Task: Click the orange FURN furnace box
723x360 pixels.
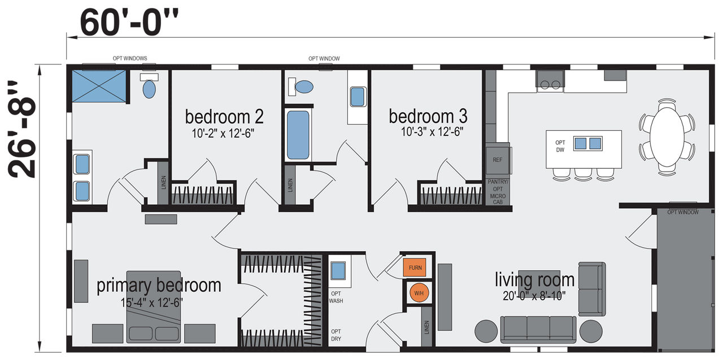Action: pyautogui.click(x=415, y=267)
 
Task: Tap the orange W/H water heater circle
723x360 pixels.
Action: pyautogui.click(x=419, y=293)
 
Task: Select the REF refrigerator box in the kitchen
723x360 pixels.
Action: pyautogui.click(x=498, y=160)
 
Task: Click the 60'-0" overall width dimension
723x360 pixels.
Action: pyautogui.click(x=129, y=23)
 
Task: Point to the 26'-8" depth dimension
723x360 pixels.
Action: pyautogui.click(x=21, y=129)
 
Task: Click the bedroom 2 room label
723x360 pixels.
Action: pyautogui.click(x=224, y=116)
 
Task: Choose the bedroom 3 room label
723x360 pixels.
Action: pyautogui.click(x=428, y=116)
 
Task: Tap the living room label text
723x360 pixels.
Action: pyautogui.click(x=535, y=280)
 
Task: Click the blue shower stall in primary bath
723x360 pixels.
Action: pyautogui.click(x=99, y=86)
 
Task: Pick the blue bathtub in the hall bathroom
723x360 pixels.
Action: pyautogui.click(x=298, y=135)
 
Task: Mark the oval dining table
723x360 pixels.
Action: pyautogui.click(x=667, y=137)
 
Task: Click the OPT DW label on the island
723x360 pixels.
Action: pyautogui.click(x=560, y=146)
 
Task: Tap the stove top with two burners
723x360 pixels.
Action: pyautogui.click(x=550, y=80)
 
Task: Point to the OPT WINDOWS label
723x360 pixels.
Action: pyautogui.click(x=130, y=58)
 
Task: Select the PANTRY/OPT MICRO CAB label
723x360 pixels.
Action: pyautogui.click(x=498, y=192)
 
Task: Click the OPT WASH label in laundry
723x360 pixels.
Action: pyautogui.click(x=336, y=297)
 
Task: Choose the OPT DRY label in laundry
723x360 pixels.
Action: pyautogui.click(x=336, y=335)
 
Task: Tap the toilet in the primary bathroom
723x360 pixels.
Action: pyautogui.click(x=149, y=86)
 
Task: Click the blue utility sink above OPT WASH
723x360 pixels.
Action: pyautogui.click(x=338, y=271)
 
